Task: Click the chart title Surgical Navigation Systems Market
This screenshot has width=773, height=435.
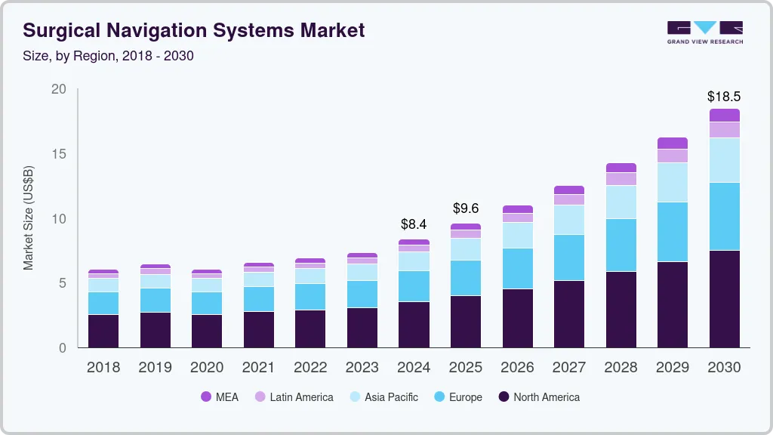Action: click(x=194, y=30)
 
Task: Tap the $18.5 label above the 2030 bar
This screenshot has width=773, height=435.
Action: click(x=723, y=97)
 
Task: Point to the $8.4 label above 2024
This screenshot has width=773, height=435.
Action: click(x=414, y=224)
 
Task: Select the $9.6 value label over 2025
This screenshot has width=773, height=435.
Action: click(x=465, y=208)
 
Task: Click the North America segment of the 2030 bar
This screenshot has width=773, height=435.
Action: click(x=724, y=299)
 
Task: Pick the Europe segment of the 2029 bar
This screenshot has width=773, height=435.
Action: click(x=672, y=232)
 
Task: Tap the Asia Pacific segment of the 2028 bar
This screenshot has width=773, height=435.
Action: click(x=621, y=202)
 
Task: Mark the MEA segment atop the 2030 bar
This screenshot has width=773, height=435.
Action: click(x=724, y=116)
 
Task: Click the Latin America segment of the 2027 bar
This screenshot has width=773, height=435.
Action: click(x=568, y=199)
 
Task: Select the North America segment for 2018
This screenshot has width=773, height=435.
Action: click(x=103, y=331)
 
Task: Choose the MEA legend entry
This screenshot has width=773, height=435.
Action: click(x=219, y=397)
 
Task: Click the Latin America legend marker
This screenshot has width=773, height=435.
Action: click(x=259, y=397)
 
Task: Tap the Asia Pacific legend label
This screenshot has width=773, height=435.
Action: click(x=391, y=397)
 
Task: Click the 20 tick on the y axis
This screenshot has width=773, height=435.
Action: click(x=59, y=89)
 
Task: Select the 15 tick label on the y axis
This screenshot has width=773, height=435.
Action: click(x=59, y=154)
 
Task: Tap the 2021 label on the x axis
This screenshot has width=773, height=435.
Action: click(x=258, y=368)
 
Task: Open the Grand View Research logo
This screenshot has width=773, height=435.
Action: click(x=704, y=32)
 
